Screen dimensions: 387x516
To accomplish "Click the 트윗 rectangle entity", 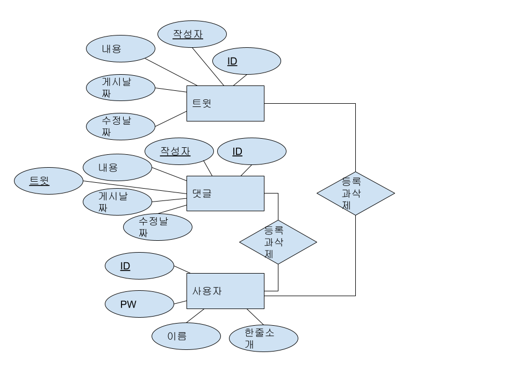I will [225, 103].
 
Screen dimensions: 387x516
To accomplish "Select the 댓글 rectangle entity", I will [225, 193].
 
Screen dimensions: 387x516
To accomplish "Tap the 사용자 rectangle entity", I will [225, 291].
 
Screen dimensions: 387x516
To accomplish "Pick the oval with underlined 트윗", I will [48, 181].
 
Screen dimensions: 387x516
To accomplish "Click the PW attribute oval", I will [139, 304].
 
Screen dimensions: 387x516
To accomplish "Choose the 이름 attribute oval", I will [186, 336].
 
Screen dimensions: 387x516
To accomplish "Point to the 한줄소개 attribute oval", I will [263, 339].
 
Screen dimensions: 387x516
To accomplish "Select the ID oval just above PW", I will [139, 266].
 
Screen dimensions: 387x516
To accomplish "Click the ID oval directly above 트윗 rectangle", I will [246, 61].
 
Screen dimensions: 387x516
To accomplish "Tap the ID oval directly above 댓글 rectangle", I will [252, 151].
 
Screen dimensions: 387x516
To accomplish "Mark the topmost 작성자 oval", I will [192, 34].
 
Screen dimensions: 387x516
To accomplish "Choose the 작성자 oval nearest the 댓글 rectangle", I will [179, 151].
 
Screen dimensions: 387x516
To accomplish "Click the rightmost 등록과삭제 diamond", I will [355, 193].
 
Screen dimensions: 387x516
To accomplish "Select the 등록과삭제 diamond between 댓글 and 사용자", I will [278, 242].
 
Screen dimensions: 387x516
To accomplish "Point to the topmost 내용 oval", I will [120, 48].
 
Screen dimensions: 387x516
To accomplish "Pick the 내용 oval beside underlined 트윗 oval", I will [117, 167].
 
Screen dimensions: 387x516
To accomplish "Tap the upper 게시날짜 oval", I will [120, 88].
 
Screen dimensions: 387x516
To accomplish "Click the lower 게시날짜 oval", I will [117, 202].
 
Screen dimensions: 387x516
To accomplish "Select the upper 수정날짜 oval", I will [120, 126].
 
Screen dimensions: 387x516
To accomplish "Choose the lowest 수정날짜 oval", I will [157, 227].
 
